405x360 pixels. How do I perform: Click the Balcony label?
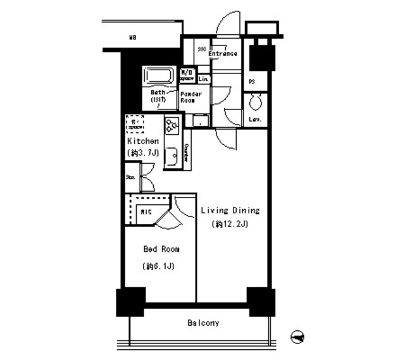tap(203, 323)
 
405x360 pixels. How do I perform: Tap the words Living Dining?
tap(230, 211)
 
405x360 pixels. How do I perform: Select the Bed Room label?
tap(158, 249)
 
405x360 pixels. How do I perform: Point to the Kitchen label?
tap(143, 141)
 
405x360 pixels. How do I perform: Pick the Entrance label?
tap(223, 54)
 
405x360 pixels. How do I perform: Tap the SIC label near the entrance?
tap(202, 49)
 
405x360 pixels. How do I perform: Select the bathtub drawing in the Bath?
tap(159, 77)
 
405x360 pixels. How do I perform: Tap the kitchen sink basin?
tap(171, 155)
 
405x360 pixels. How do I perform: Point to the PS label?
tap(252, 82)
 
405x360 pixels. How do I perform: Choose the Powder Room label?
tap(191, 97)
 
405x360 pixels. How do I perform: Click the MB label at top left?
tap(134, 38)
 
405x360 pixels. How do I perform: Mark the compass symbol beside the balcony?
tap(297, 337)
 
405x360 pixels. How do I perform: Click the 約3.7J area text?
tap(142, 153)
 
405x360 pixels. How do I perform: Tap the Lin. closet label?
tap(204, 79)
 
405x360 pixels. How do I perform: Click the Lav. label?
tap(256, 120)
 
